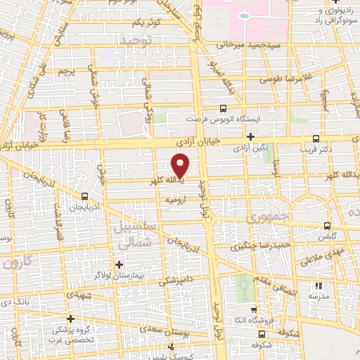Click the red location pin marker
tap(181, 165)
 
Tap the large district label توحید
tap(137, 41)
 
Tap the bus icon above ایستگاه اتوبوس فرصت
tap(223, 108)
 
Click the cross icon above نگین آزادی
tap(251, 136)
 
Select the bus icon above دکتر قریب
tap(315, 139)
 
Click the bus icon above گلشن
tap(327, 226)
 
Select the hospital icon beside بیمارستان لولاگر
tap(119, 264)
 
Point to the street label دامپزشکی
tap(173, 280)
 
